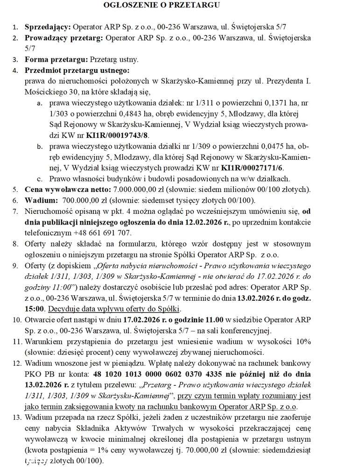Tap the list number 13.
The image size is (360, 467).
15,417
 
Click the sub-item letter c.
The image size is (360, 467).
40,178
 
